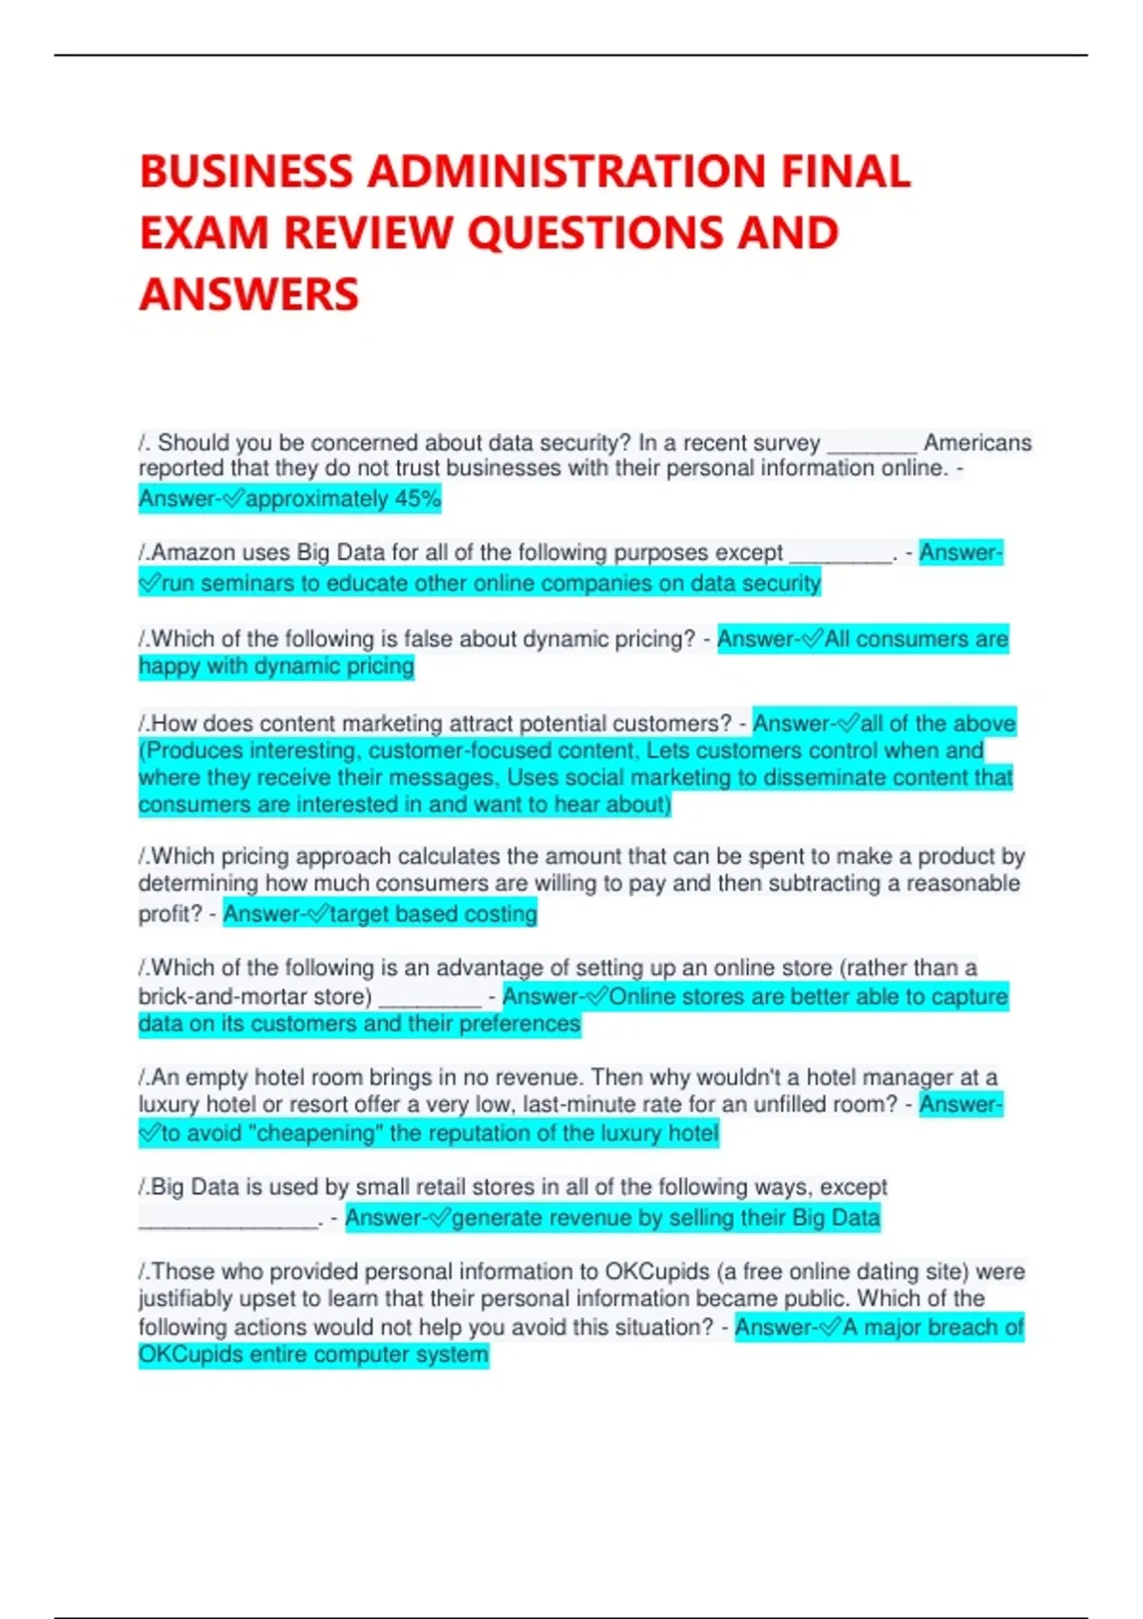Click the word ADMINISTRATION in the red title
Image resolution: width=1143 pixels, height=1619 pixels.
coord(566,172)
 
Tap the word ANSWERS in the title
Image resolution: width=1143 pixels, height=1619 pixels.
coord(250,294)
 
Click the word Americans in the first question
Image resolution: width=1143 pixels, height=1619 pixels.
coord(977,443)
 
